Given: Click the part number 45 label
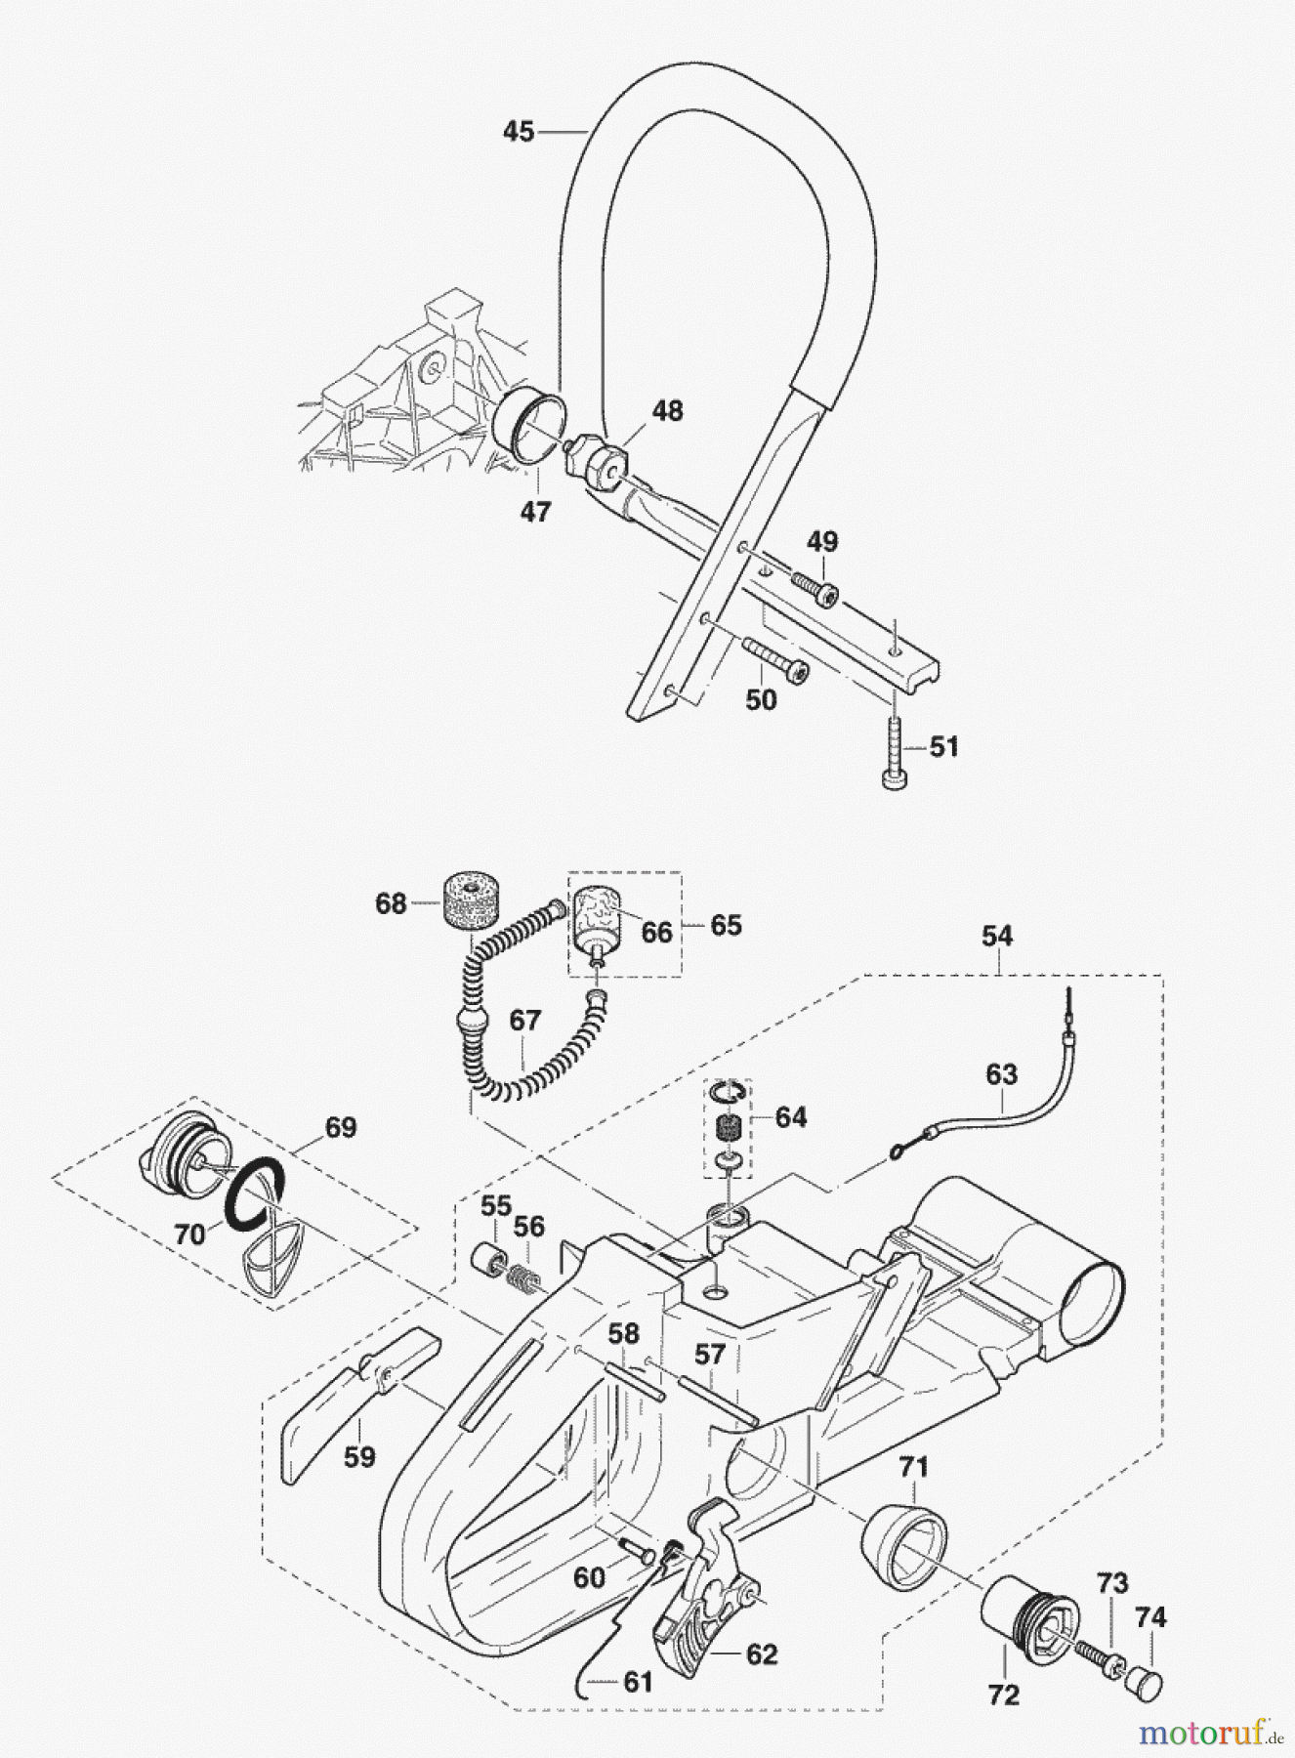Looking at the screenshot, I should pos(519,131).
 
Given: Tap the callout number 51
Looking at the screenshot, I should pos(943,747).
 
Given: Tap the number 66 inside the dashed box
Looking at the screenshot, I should pos(656,933).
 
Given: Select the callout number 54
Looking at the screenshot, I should pos(996,937).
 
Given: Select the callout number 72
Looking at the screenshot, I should pos(1003,1695).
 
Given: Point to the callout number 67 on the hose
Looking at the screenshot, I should pos(525,1021).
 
